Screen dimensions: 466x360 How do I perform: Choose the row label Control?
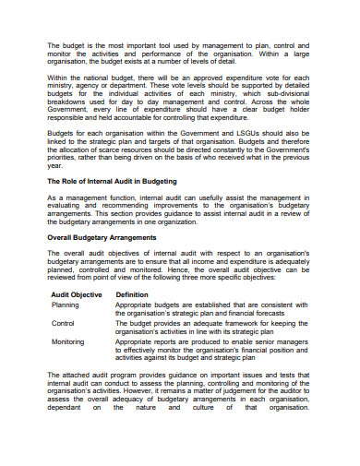pos(63,350)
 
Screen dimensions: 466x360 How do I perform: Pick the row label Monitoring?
pos(68,369)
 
